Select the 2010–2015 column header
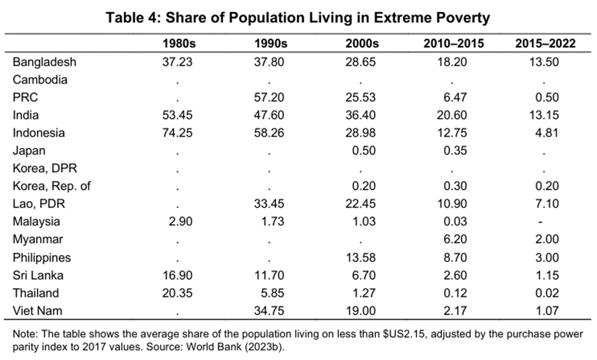[451, 44]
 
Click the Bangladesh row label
[44, 62]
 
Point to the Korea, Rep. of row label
[52, 186]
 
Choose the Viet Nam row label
[37, 311]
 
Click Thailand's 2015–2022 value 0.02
[544, 293]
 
